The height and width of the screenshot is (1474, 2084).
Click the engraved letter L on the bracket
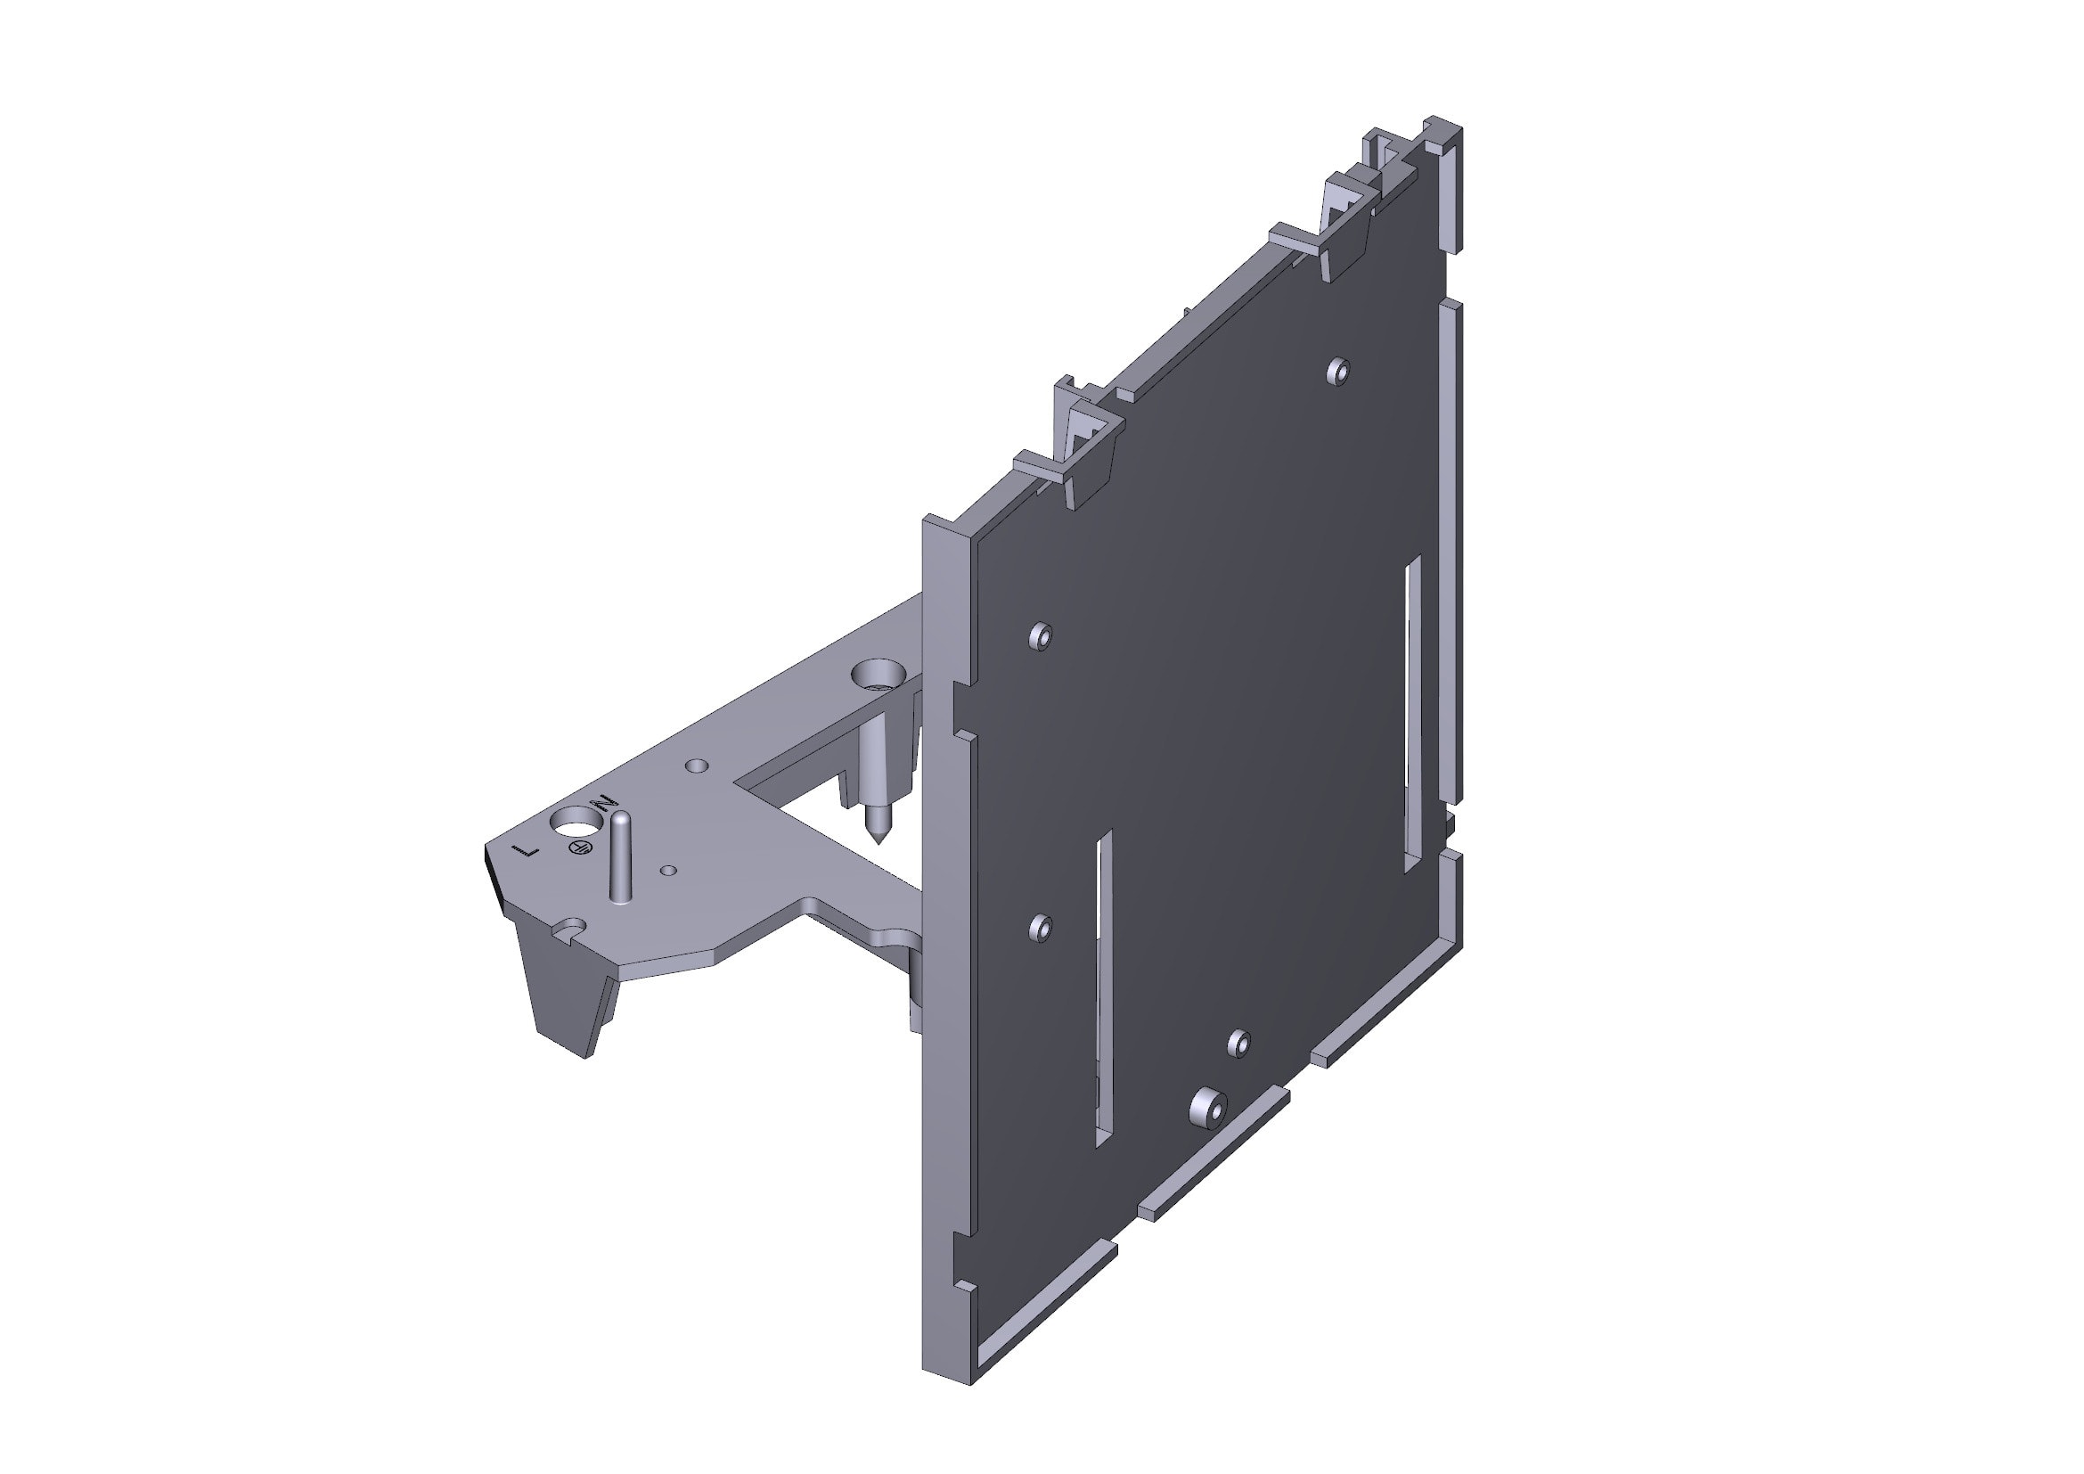(x=527, y=851)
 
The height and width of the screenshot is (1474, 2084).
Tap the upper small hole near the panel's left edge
(x=1040, y=635)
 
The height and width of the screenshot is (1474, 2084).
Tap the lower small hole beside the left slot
(x=1041, y=927)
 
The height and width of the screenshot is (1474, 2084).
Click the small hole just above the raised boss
(x=1240, y=1043)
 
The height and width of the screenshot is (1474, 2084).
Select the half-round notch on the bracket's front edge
(x=571, y=928)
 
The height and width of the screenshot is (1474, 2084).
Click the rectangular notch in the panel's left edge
(x=960, y=707)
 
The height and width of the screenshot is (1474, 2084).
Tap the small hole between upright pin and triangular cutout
(x=697, y=766)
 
